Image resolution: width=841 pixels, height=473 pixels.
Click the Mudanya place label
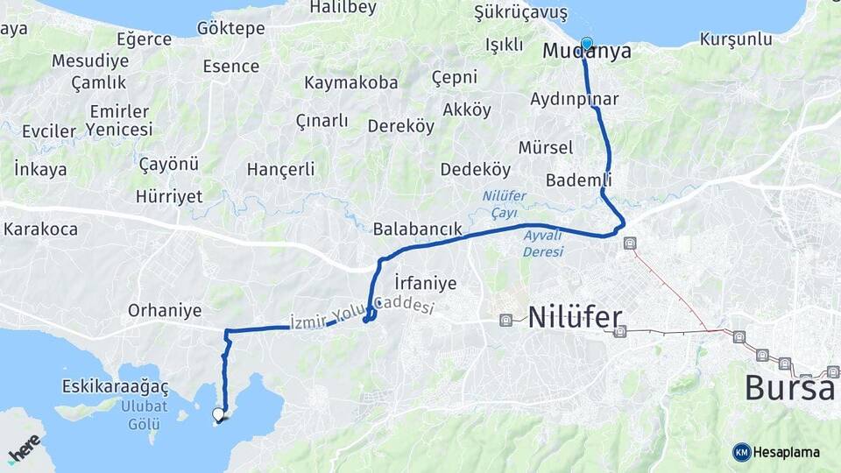[586, 52]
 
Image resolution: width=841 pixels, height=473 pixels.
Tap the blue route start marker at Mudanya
[586, 43]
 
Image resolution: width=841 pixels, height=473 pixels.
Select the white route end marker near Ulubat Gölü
[219, 414]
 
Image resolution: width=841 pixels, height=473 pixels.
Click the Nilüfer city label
[575, 317]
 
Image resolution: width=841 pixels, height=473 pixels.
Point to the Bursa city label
[788, 386]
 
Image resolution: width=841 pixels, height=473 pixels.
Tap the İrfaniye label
[426, 283]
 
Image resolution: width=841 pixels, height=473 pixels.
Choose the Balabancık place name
[417, 229]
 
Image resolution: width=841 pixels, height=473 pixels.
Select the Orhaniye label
[165, 310]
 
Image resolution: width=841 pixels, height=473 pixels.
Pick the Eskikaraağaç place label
[115, 386]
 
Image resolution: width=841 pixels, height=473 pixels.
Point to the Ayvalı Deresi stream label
[543, 243]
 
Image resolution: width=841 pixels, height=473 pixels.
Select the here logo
[25, 448]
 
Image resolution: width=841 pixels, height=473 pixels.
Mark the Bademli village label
[577, 180]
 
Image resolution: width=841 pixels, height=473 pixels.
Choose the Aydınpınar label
[574, 99]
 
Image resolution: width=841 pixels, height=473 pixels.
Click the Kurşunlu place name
[736, 39]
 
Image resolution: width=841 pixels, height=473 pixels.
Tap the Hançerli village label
[280, 169]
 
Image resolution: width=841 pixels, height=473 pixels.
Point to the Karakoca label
[40, 229]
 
